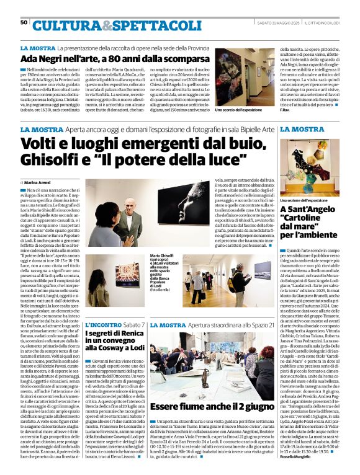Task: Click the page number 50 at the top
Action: click(x=24, y=22)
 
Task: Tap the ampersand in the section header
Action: click(x=107, y=25)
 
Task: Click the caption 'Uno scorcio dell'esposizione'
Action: click(x=239, y=109)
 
